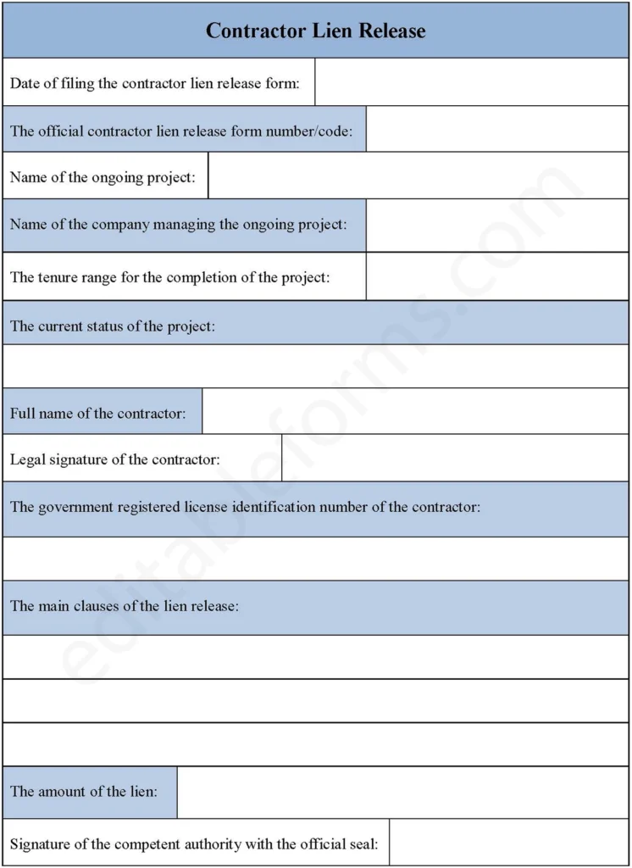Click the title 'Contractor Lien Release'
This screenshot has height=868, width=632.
[315, 31]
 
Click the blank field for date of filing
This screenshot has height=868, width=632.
[471, 82]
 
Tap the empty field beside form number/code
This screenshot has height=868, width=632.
[497, 130]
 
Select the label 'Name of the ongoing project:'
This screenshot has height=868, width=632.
[103, 177]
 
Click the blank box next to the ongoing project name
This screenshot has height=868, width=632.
[419, 176]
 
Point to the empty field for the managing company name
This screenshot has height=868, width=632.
[497, 225]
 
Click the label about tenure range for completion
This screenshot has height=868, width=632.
[170, 276]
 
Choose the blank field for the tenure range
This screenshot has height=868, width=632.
[497, 276]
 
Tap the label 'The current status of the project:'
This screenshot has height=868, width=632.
[113, 326]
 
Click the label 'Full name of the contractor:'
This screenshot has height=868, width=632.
[97, 413]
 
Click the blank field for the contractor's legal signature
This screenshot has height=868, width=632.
[455, 459]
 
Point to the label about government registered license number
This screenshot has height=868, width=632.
[246, 507]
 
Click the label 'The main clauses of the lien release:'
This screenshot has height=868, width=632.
[125, 606]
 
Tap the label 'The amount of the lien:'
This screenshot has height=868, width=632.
[83, 791]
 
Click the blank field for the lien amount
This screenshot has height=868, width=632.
[403, 792]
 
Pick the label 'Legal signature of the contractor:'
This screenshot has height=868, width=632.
[115, 459]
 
